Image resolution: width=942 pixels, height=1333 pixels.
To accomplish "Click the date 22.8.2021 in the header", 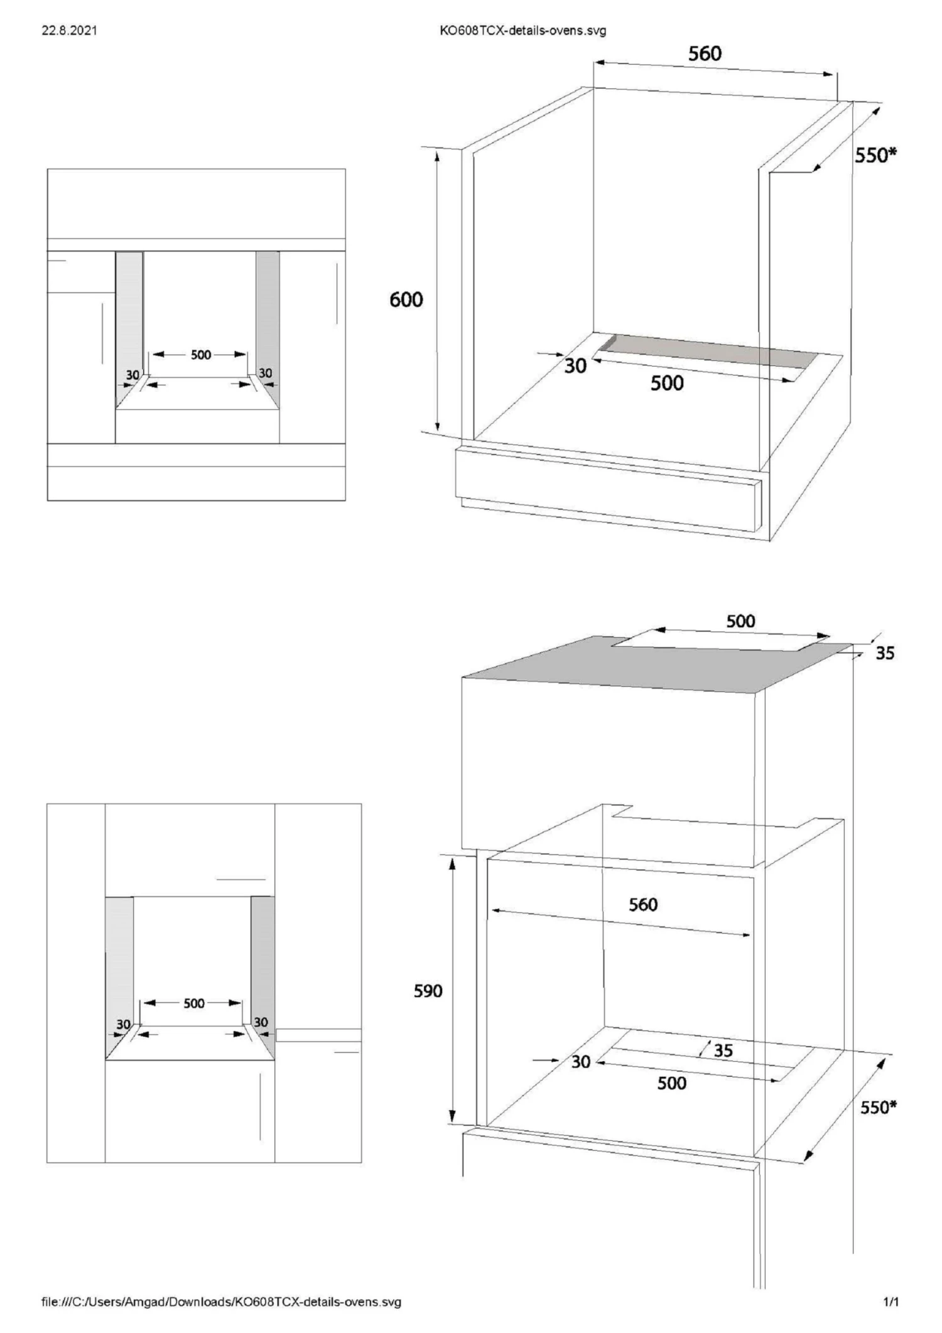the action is click(x=70, y=30).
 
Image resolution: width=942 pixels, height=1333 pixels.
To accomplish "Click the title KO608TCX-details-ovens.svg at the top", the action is click(x=523, y=30).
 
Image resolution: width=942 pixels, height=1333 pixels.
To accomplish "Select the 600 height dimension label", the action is click(x=406, y=300).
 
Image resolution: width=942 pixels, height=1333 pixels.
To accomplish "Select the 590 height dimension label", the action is click(x=428, y=991).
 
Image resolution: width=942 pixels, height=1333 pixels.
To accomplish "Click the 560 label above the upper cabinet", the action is click(x=705, y=53).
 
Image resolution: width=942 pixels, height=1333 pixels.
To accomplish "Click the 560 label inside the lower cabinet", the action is click(x=643, y=904).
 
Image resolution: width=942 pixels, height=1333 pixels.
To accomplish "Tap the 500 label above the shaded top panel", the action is click(x=741, y=621).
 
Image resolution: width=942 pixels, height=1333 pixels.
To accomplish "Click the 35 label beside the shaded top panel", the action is click(x=885, y=653).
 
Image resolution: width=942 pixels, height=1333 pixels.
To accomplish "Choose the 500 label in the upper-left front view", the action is click(x=201, y=355).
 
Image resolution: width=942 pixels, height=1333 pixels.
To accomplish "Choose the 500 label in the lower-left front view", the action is click(x=194, y=1003).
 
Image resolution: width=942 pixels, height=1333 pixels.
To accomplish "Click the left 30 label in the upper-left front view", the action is click(x=133, y=375).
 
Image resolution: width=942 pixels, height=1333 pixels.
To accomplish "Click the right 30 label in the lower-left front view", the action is click(x=261, y=1022).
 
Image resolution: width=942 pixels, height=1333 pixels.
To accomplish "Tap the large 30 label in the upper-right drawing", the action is click(x=575, y=365).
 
